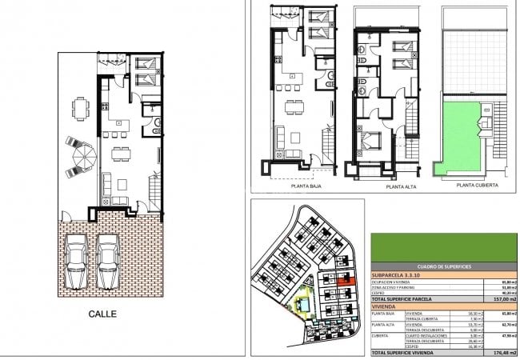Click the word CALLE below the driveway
tap(102, 314)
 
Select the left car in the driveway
tap(76, 260)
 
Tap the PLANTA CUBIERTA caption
tap(476, 185)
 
